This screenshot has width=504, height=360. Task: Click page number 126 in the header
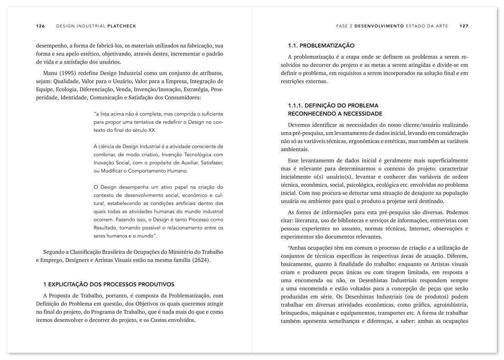[40, 26]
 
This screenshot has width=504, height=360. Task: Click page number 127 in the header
[464, 26]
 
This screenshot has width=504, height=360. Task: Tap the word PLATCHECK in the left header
[122, 26]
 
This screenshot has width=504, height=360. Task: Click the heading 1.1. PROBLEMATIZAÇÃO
[321, 46]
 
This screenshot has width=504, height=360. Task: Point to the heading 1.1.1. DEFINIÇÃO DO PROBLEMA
[333, 106]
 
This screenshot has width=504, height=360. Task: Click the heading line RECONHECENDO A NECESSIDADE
[335, 114]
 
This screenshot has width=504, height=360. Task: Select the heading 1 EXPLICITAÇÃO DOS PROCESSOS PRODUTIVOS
[109, 284]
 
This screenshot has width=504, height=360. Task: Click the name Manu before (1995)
[50, 73]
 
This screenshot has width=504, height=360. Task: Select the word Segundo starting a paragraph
[54, 252]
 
